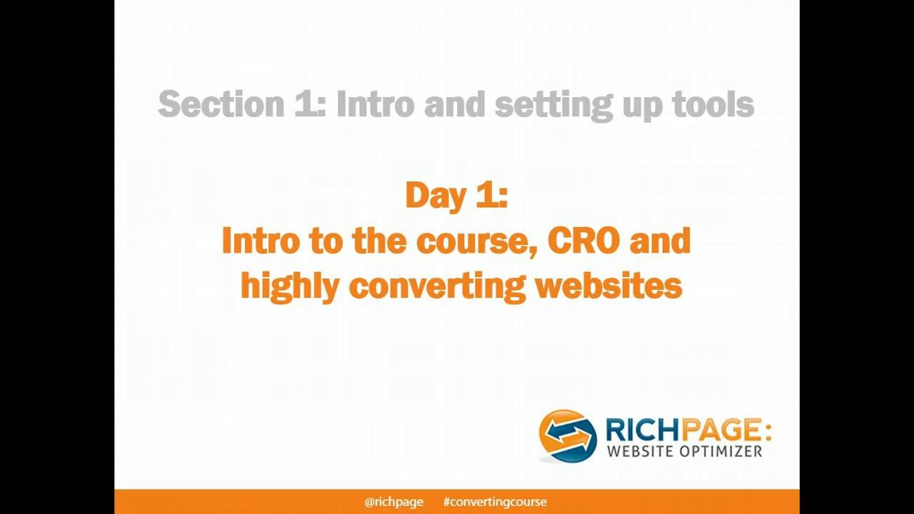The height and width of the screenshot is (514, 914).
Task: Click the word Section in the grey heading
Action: point(221,104)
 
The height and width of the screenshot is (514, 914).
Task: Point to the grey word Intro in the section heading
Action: point(375,104)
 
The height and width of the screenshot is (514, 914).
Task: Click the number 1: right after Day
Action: point(491,196)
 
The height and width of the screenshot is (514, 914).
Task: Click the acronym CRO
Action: point(584,241)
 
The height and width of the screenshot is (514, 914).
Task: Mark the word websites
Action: point(608,286)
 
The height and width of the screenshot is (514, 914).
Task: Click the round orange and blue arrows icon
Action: point(567,435)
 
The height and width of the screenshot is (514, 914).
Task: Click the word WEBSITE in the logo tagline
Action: point(640,451)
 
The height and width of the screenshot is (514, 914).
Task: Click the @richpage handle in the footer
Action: point(393,502)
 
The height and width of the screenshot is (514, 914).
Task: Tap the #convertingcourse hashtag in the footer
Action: point(495,502)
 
